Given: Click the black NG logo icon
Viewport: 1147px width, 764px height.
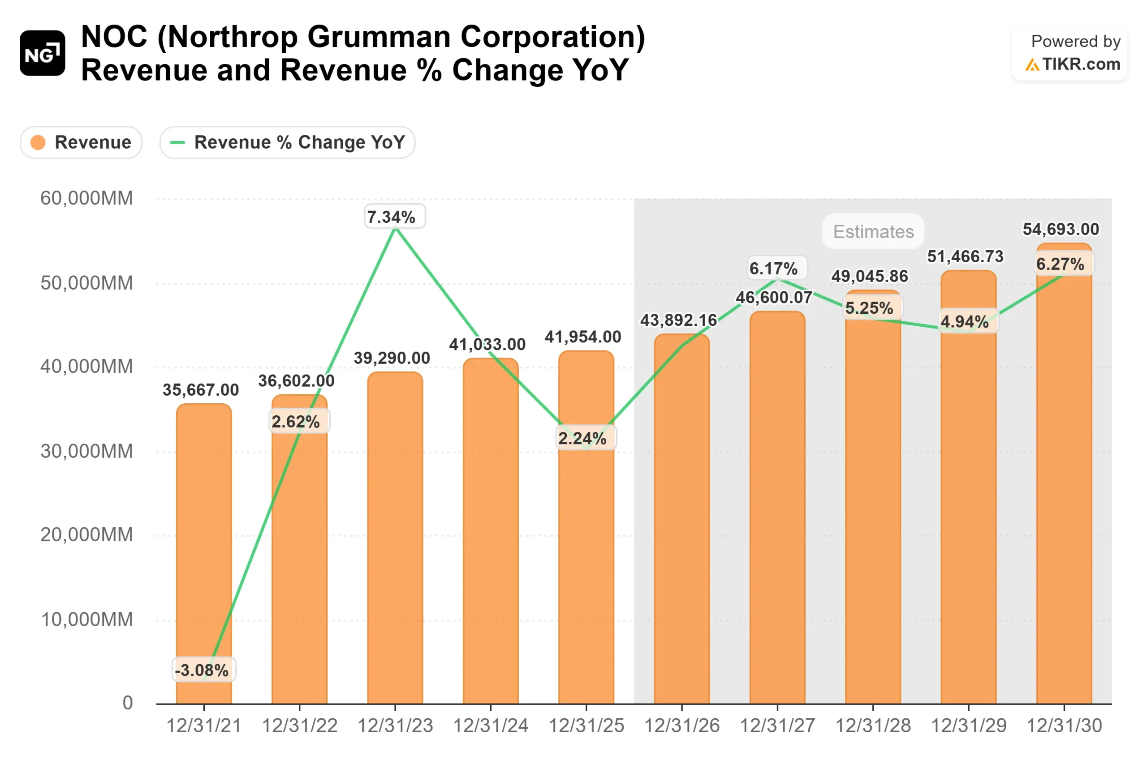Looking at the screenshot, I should click(x=43, y=53).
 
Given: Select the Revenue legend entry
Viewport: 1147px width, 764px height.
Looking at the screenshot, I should click(x=82, y=142).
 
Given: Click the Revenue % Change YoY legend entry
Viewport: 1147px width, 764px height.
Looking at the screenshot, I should click(x=287, y=142).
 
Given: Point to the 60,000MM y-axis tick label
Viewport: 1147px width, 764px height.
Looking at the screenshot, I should click(x=86, y=198).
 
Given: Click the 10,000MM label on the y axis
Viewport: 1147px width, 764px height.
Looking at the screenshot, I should click(x=86, y=619).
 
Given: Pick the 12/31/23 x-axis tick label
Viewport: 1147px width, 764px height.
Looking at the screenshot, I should click(x=395, y=726).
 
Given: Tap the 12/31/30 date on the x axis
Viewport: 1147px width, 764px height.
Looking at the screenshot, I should click(x=1064, y=726).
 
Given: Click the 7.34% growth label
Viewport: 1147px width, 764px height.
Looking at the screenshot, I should click(x=391, y=217).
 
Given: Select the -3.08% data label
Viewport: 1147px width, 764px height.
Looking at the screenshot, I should click(x=202, y=670).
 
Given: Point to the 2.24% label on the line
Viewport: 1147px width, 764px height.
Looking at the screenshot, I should click(x=583, y=439).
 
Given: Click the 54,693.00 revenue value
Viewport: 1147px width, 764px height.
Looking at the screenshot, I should click(x=1061, y=229).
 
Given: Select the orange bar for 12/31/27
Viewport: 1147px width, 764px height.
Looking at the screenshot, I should click(x=777, y=512).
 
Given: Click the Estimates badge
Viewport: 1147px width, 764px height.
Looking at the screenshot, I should click(x=873, y=231).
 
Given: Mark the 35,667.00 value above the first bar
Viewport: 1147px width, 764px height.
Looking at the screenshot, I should click(x=200, y=390).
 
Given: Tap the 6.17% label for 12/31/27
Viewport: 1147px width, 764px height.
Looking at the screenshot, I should click(x=773, y=269).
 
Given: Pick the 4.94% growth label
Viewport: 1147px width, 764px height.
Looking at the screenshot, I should click(x=965, y=322).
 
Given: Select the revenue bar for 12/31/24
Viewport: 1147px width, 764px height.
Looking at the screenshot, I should click(x=491, y=536).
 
